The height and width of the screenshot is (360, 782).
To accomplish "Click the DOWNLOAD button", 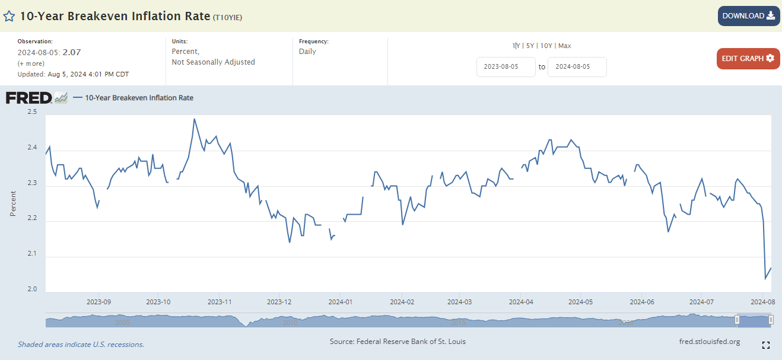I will click(x=748, y=16).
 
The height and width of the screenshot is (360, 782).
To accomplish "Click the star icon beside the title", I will click(x=9, y=17).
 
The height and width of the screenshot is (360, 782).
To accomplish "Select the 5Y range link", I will click(x=530, y=46).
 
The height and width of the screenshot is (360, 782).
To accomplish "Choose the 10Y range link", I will click(x=546, y=46).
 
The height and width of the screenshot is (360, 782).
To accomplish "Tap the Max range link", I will click(x=564, y=46).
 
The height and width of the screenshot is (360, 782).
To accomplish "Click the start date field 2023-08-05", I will click(x=506, y=67).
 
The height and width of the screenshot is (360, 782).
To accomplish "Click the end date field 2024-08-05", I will click(x=577, y=67).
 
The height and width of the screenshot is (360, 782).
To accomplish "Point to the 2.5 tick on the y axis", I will click(x=31, y=112).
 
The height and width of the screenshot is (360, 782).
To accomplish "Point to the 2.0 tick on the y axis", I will click(x=31, y=289).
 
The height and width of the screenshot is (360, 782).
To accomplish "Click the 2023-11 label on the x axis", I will click(x=219, y=302).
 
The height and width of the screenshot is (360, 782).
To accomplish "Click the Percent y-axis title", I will click(x=13, y=203).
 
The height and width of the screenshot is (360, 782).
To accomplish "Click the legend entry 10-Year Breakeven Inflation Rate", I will click(x=139, y=98).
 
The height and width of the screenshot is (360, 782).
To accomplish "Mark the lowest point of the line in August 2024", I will click(x=765, y=278).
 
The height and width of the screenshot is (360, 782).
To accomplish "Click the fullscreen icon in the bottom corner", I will click(x=765, y=345).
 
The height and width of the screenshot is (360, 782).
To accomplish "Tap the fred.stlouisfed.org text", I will click(x=709, y=342).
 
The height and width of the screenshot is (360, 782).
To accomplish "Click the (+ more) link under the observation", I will click(x=31, y=63).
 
